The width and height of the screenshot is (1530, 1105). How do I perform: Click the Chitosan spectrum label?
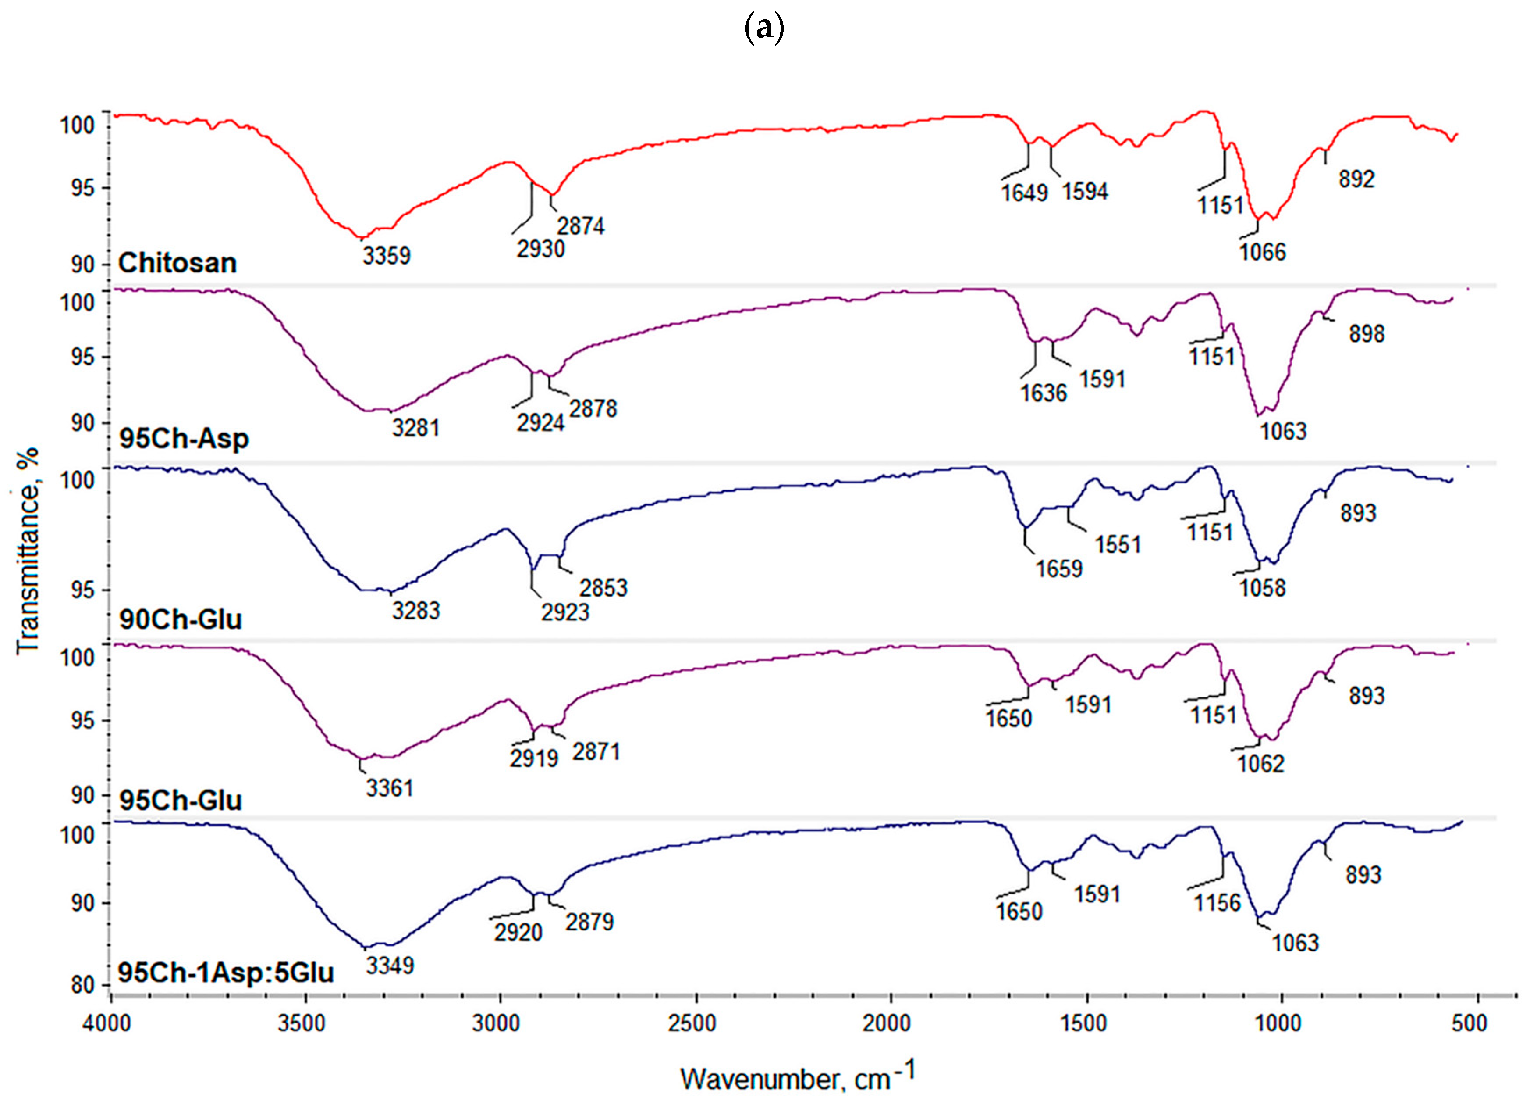(x=177, y=263)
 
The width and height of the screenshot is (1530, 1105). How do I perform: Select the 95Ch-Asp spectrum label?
(x=184, y=439)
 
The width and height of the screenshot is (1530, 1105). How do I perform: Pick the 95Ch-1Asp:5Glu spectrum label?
(x=226, y=973)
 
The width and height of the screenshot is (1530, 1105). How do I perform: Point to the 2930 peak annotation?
(x=540, y=249)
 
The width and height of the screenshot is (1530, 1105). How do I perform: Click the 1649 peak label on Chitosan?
(x=1024, y=193)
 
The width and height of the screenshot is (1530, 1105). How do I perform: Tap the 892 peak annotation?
(x=1356, y=179)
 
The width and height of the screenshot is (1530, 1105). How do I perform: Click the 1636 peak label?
(x=1044, y=393)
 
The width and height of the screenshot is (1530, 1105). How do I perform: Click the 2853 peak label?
(x=604, y=588)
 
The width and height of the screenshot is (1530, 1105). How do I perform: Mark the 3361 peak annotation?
(x=389, y=788)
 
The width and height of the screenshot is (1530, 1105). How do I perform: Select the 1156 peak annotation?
(x=1218, y=903)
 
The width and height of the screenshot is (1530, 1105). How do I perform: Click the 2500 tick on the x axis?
(x=695, y=1023)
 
